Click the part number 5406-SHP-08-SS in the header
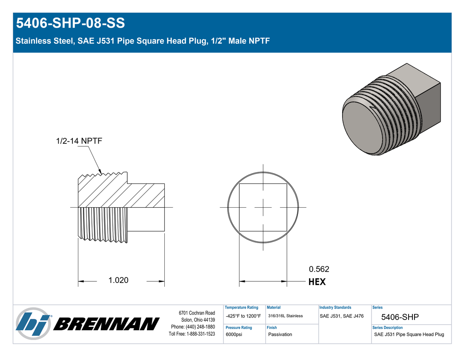(71, 23)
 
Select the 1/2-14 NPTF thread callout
(79, 140)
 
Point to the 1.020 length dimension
(118, 280)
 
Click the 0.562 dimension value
(319, 269)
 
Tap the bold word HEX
(317, 282)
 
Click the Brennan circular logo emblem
(33, 323)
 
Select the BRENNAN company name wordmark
(106, 324)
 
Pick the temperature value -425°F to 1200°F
(243, 316)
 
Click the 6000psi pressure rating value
(234, 334)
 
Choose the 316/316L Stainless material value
(285, 316)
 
